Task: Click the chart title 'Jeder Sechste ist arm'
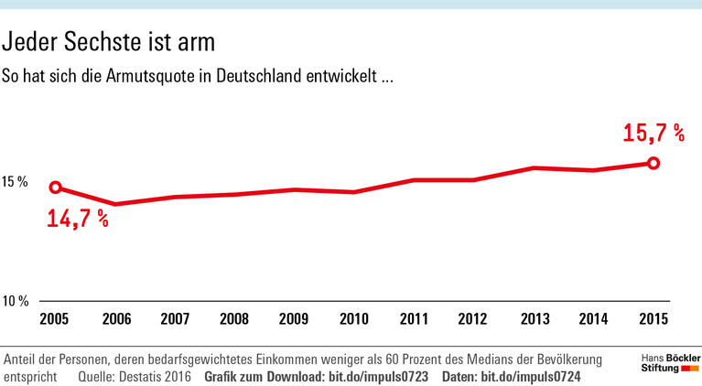(114, 42)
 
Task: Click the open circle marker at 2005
(55, 188)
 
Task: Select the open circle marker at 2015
(653, 163)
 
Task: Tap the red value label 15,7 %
(653, 134)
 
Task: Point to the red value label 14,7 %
(78, 219)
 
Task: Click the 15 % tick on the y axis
(15, 182)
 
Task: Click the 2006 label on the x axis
(115, 319)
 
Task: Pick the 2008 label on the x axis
(234, 319)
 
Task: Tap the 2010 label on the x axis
(354, 319)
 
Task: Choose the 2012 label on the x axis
(474, 319)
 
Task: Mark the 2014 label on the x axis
(594, 319)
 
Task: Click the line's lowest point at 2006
(115, 204)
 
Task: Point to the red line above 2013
(534, 168)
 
